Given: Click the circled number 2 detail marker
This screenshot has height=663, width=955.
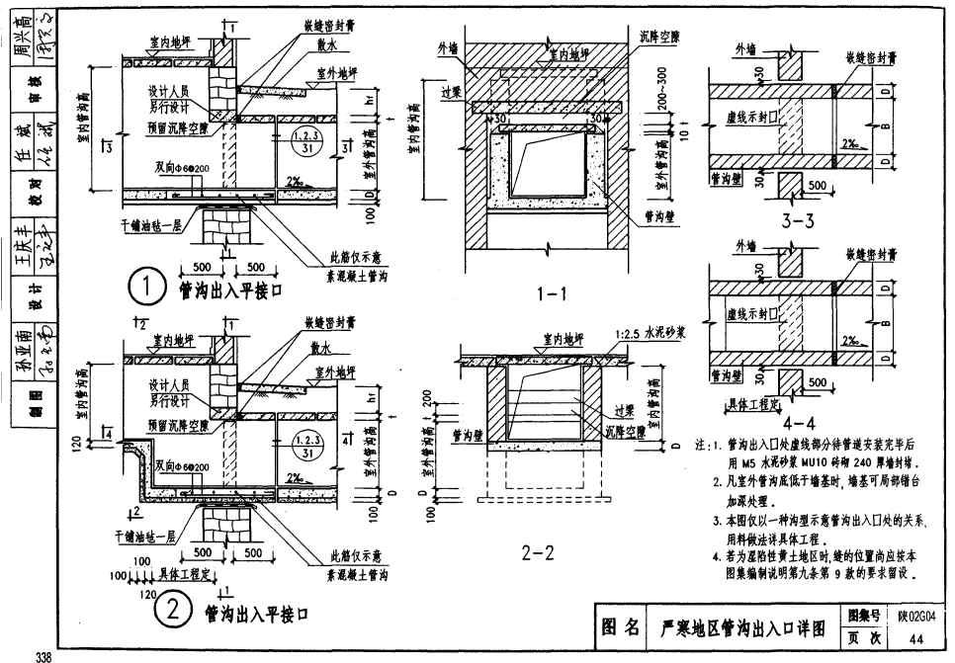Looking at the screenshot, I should coord(171,613).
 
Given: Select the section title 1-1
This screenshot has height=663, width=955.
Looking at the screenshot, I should coord(551,293).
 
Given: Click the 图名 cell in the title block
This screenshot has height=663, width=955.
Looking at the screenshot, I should coord(620,626).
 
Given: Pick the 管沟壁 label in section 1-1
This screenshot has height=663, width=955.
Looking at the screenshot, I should coord(658,214).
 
